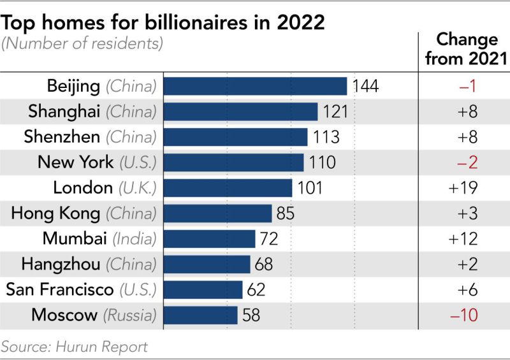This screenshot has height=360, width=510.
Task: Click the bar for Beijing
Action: click(255, 86)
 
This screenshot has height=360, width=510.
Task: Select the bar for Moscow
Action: click(201, 315)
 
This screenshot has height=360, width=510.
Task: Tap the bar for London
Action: click(228, 188)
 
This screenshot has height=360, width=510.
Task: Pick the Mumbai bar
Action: click(210, 239)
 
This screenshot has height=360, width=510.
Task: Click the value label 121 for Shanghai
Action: click(335, 112)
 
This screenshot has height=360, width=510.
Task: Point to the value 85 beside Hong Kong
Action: click(285, 213)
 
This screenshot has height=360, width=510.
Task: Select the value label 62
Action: click(256, 290)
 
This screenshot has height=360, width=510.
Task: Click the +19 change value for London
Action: click(464, 188)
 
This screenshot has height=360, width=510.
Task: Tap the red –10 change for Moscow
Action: click(464, 315)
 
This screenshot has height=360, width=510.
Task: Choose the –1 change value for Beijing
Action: click(464, 86)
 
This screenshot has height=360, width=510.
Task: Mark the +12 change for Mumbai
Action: click(464, 239)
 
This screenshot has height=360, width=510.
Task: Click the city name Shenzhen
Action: click(62, 136)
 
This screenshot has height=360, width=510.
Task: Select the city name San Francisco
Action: click(60, 289)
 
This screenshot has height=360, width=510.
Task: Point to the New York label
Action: click(76, 162)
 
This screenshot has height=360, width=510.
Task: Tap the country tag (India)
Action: click(135, 239)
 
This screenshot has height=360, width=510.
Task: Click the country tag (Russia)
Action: click(130, 315)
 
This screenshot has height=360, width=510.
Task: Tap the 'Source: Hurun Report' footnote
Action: click(75, 347)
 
